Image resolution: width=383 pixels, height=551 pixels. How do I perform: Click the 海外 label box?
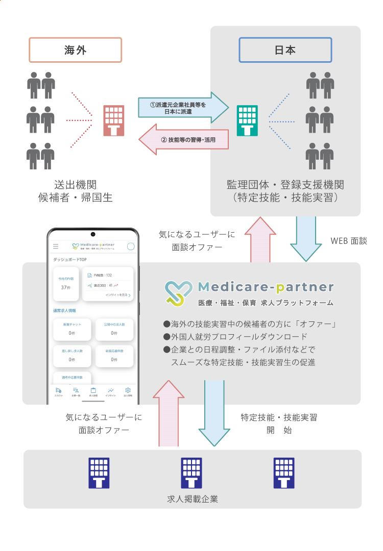click(x=76, y=50)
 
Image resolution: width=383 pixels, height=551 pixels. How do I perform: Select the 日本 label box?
click(x=285, y=50)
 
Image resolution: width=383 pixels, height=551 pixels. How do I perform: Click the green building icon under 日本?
click(x=247, y=121)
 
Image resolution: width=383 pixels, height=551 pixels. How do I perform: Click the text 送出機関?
click(x=76, y=185)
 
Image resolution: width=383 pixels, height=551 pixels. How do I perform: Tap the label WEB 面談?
click(x=349, y=241)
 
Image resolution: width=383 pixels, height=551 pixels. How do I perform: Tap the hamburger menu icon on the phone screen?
click(x=56, y=246)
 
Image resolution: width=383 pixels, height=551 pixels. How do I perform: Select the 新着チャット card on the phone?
click(x=72, y=329)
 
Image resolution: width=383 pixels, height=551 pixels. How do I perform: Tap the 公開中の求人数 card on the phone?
click(x=114, y=329)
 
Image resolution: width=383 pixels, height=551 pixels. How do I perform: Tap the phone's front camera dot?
click(x=93, y=235)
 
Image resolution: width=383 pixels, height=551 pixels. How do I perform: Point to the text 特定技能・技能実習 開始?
click(x=279, y=423)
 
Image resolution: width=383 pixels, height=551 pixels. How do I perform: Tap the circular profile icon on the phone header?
click(x=131, y=246)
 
